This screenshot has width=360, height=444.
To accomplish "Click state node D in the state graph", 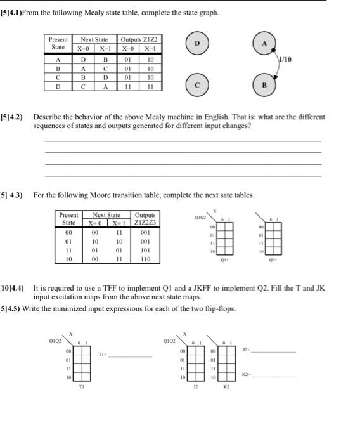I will (x=196, y=44).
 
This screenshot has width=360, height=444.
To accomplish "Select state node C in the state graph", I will (x=196, y=84).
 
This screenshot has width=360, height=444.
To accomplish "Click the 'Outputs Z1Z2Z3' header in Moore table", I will (x=145, y=219).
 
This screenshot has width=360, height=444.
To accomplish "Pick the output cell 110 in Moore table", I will (x=145, y=259).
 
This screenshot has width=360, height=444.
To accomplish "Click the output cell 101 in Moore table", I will (x=145, y=250).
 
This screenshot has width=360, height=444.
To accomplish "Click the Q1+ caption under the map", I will (x=224, y=259).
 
